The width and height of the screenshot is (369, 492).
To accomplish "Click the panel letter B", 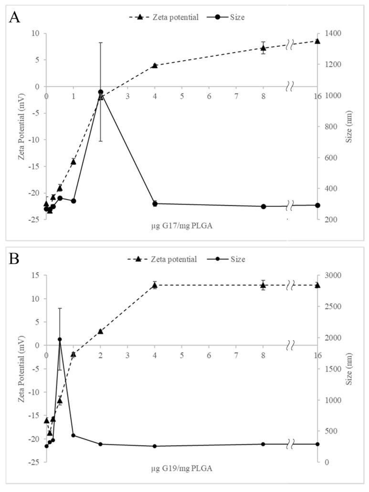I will tap(15, 259).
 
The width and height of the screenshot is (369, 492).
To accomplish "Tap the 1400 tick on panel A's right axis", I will tap(330, 33).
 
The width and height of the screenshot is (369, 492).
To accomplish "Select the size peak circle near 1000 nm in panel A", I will tap(101, 92).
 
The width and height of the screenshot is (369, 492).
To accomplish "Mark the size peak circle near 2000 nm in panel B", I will tap(60, 339).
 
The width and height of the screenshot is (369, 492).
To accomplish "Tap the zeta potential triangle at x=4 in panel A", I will tap(155, 65).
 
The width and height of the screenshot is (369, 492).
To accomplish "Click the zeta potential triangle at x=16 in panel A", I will tap(317, 41).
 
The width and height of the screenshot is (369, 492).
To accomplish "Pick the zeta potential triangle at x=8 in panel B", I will tap(263, 285).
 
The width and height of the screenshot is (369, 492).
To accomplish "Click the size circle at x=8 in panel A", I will tap(263, 206).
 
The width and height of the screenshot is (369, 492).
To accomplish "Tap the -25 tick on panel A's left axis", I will tap(36, 219).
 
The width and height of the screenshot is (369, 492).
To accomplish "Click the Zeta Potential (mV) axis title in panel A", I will tap(22, 127).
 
